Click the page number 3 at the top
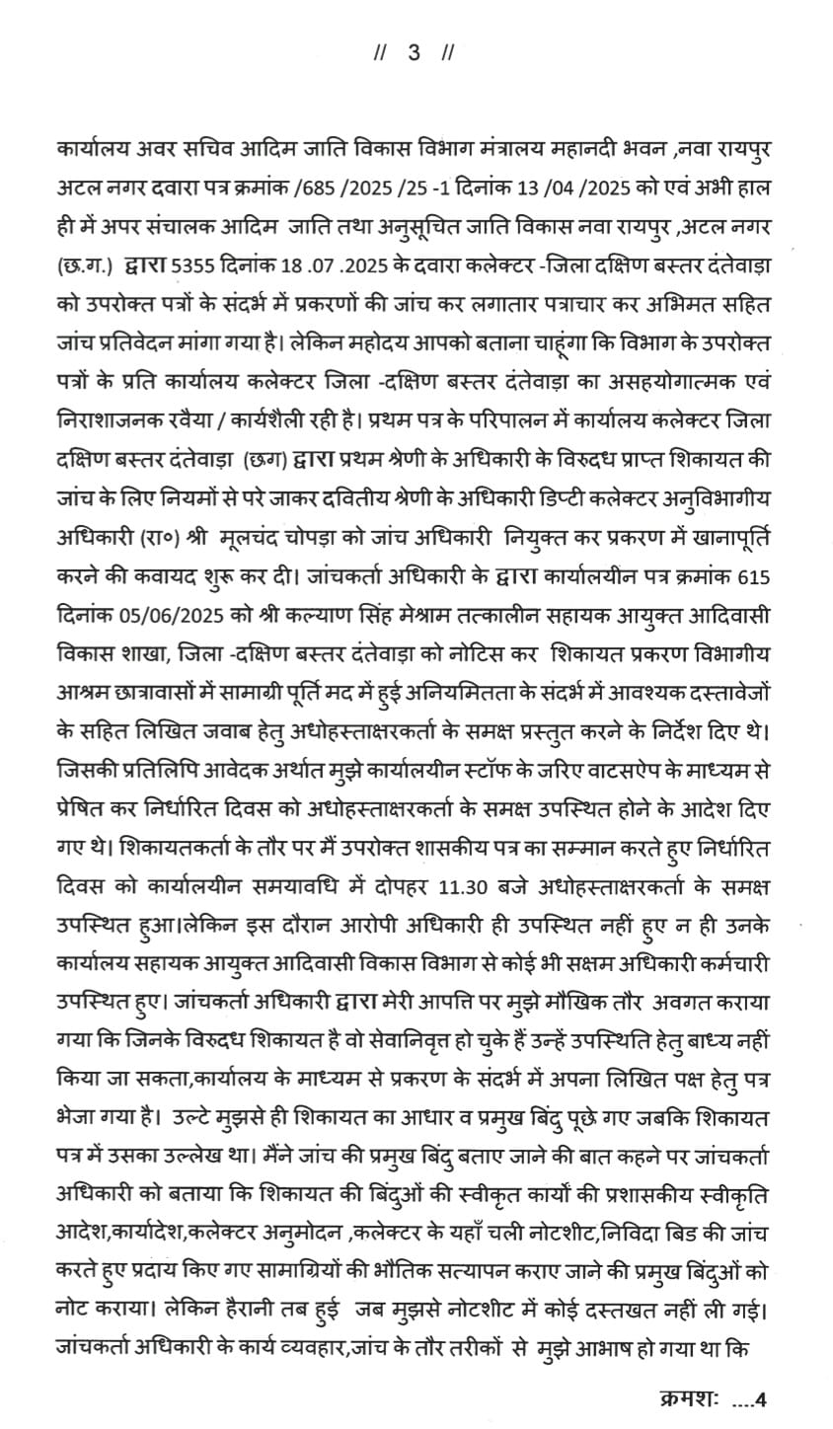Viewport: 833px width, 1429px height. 415,53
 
